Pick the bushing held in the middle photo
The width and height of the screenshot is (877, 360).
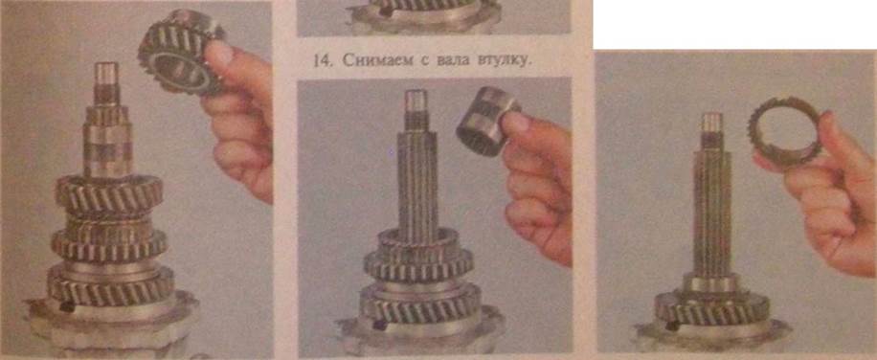[x=484, y=121]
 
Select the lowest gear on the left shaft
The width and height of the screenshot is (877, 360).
[x=110, y=284]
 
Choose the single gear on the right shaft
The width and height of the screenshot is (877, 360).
[x=711, y=308]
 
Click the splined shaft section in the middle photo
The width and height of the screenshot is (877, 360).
[x=416, y=179]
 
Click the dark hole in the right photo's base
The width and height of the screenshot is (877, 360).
[x=671, y=326]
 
